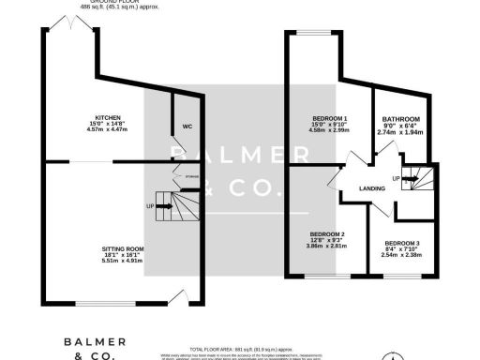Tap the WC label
187,125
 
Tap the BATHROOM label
400,119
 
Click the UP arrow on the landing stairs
397,178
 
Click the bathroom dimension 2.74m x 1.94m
400,132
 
